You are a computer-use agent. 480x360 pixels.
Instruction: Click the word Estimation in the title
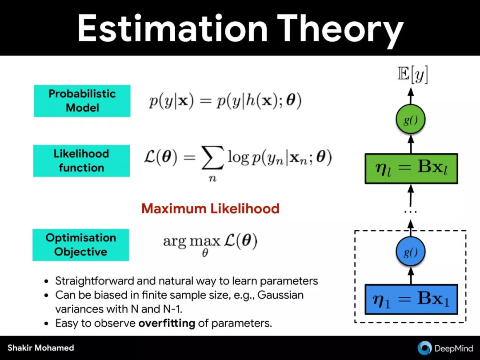click(173, 28)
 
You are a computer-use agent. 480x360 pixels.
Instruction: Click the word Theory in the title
click(340, 31)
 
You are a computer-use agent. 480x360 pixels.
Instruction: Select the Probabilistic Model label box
click(82, 101)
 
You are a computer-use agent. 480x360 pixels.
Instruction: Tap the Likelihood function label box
click(81, 161)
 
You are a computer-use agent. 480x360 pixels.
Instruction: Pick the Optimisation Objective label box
click(81, 244)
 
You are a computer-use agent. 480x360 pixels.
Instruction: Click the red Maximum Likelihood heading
click(210, 208)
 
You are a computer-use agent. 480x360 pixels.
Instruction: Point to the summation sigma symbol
click(212, 158)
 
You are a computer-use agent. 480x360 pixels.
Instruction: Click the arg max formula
click(210, 244)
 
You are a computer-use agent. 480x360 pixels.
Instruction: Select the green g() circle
click(411, 120)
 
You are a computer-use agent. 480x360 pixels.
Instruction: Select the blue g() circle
click(411, 252)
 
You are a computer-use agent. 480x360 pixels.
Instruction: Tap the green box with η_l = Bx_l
click(412, 169)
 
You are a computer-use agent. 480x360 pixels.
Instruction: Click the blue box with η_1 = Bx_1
click(412, 299)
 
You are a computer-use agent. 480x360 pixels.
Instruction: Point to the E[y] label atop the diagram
click(412, 74)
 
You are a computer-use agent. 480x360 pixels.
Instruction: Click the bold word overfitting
click(167, 323)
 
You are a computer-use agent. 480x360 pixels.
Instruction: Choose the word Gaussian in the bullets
click(280, 295)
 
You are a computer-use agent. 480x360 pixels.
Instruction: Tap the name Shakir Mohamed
click(41, 348)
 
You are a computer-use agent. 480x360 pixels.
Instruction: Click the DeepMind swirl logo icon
click(424, 348)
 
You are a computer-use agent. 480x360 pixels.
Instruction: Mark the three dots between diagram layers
click(411, 212)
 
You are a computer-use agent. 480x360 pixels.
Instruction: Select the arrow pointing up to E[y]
click(411, 96)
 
